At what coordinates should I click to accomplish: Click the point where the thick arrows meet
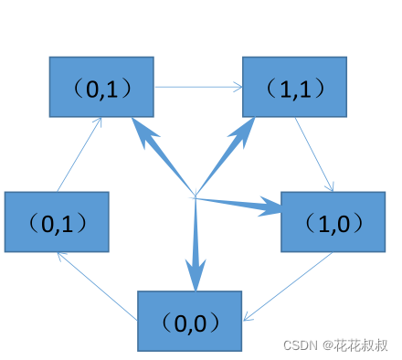(195, 196)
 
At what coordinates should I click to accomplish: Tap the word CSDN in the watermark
(299, 345)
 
